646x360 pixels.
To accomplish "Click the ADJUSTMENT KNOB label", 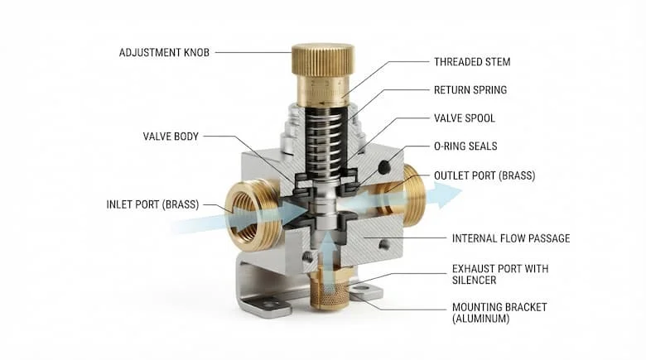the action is point(164,53).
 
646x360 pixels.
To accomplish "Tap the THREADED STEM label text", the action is point(472,62).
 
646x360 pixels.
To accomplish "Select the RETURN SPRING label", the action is point(470,90).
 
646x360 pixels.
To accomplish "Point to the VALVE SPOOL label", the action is point(465,118).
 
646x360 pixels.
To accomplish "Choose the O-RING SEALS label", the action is point(465,146).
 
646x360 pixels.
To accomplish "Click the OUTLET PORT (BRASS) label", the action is point(485,175).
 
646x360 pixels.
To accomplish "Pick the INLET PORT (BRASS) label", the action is point(152,204).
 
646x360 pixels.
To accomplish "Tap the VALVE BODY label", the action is point(171,137).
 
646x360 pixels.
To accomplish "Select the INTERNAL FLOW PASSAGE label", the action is point(511,238).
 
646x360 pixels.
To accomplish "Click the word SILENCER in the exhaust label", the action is point(474,280).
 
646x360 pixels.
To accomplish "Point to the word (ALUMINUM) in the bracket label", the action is point(480,319).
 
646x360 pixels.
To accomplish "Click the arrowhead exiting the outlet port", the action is point(447,194).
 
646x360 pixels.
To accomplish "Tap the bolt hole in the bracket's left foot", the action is point(269,305).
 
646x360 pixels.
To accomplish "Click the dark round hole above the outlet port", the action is point(383,167).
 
